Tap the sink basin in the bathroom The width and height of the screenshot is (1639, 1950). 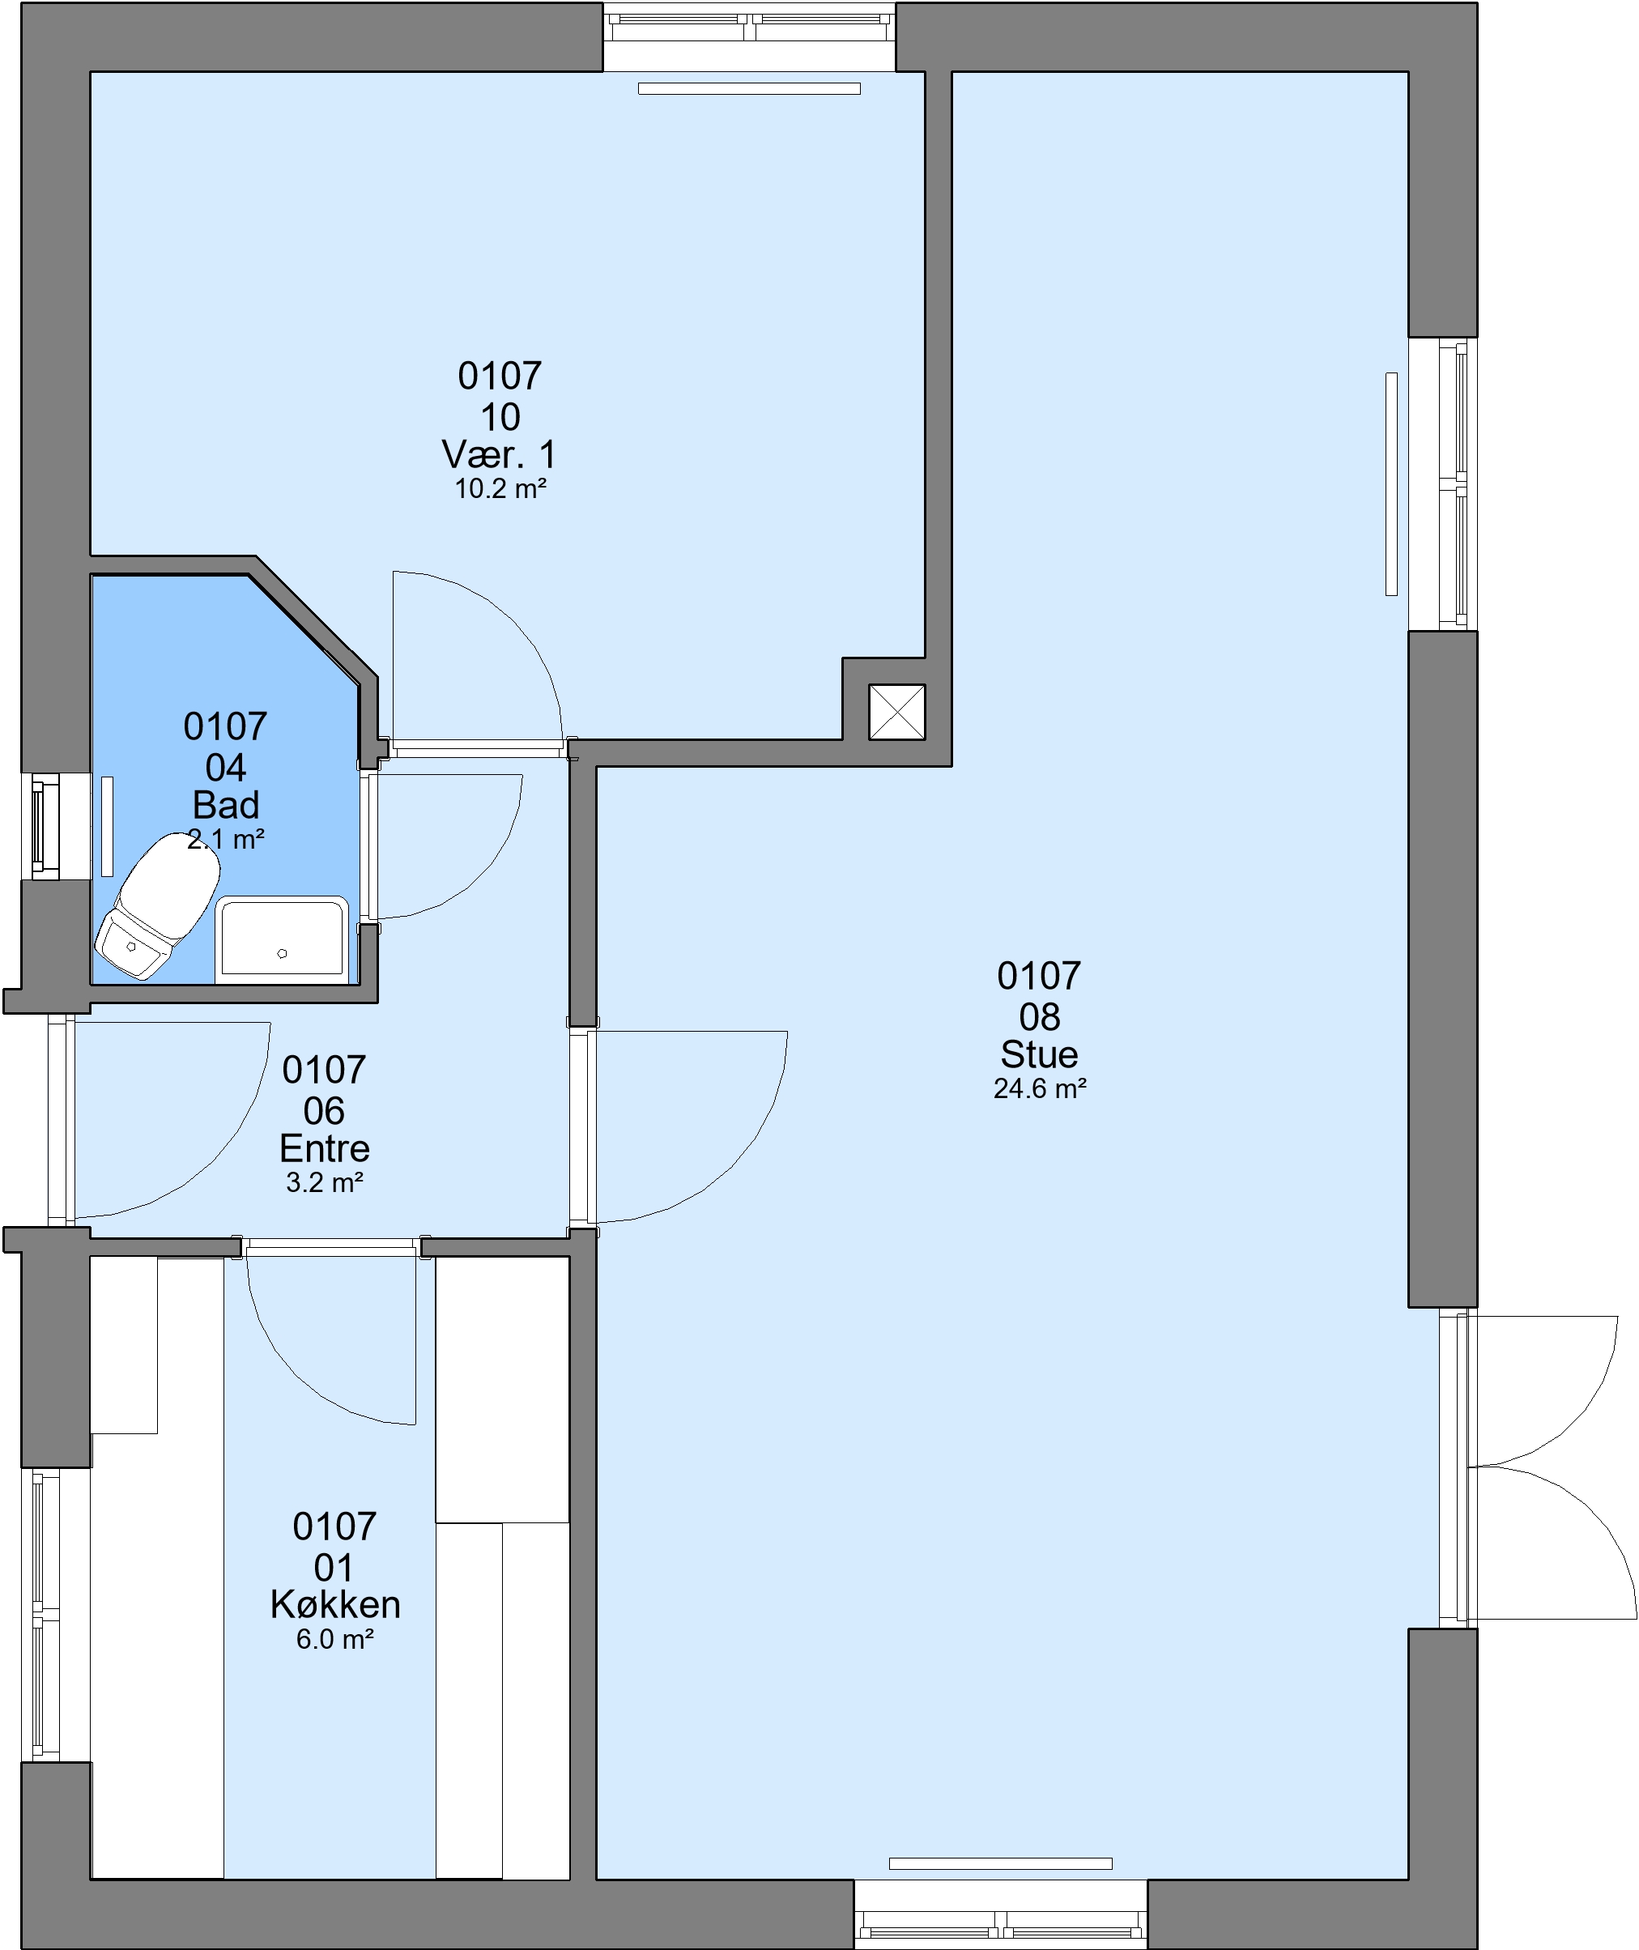[x=282, y=939]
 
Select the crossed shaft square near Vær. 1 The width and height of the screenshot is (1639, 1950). [x=896, y=713]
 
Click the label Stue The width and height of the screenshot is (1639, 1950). [x=1039, y=1054]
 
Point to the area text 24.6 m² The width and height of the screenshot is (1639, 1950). [x=1040, y=1089]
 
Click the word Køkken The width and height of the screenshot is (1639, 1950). [x=335, y=1604]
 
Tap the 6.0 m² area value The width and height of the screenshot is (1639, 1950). [x=334, y=1639]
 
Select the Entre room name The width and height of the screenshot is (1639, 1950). [x=324, y=1148]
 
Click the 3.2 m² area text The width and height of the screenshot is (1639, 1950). [x=323, y=1181]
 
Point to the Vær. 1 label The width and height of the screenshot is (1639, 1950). [x=499, y=454]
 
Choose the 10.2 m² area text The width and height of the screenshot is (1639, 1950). [x=500, y=488]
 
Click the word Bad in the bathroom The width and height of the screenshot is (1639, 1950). [x=226, y=804]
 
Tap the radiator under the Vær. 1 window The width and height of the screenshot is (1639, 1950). [x=749, y=88]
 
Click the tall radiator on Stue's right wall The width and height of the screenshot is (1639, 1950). [x=1391, y=484]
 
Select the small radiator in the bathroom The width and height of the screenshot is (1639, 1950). [x=107, y=826]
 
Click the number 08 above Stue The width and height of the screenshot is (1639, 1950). [x=1039, y=1017]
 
